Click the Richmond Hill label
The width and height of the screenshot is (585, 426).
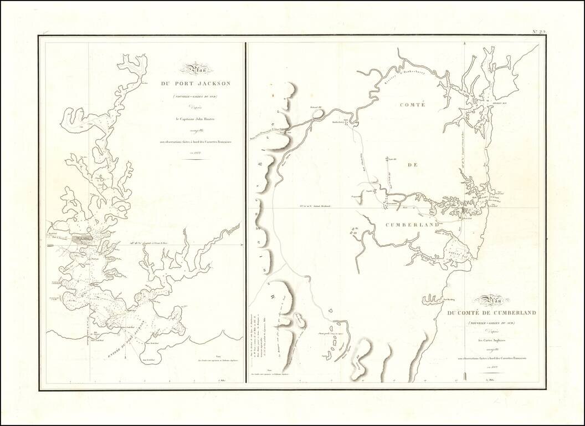[316, 107]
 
